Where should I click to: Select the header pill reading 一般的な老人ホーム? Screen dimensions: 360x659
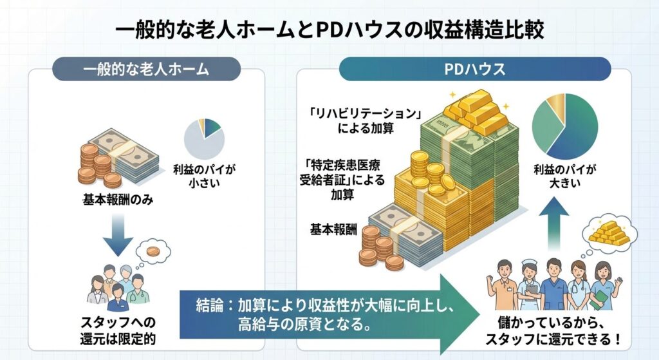147,69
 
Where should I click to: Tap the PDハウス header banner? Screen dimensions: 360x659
475,69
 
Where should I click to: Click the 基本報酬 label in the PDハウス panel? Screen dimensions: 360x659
333,229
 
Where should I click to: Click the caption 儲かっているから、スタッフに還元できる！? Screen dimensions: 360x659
557,330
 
